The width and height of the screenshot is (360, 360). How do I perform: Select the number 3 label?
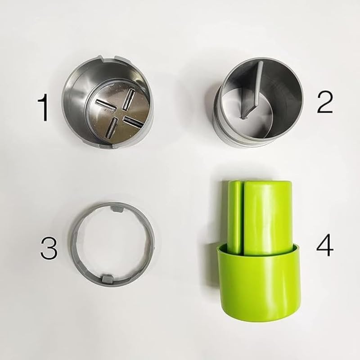[49, 248]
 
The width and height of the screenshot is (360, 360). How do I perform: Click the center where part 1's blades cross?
[119, 112]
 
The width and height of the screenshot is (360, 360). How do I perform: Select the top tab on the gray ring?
[116, 209]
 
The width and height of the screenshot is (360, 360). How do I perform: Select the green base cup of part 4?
[259, 288]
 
